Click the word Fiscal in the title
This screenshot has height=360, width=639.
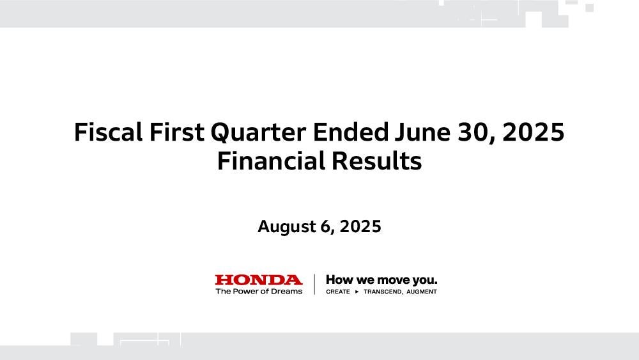(x=109, y=132)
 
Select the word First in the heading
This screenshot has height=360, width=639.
(x=177, y=132)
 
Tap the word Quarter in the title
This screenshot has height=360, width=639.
(x=258, y=133)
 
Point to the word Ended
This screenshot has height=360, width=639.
(x=351, y=132)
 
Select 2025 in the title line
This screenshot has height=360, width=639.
(x=534, y=132)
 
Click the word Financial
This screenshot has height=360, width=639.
(x=271, y=160)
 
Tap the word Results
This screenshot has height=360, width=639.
(x=377, y=160)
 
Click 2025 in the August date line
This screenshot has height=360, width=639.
(x=360, y=226)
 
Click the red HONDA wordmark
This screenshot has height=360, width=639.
(x=259, y=280)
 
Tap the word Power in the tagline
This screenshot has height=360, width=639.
(x=243, y=291)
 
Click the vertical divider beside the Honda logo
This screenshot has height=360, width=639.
(x=314, y=284)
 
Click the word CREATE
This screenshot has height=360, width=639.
(x=338, y=292)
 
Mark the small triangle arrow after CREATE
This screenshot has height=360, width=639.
(x=357, y=292)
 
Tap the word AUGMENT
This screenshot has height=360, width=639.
(x=422, y=292)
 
